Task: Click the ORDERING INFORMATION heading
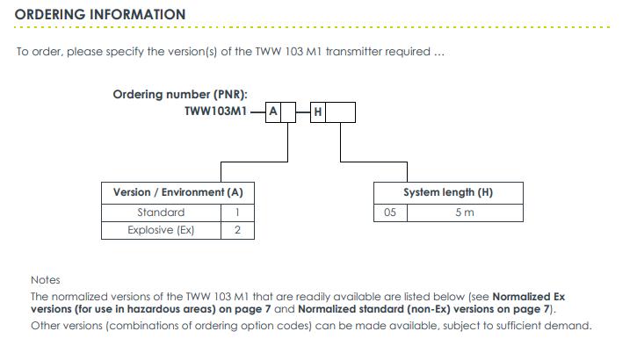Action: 100,15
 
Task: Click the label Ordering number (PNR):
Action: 180,95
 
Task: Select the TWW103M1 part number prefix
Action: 216,112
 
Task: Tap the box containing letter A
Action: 273,112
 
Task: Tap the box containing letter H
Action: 318,112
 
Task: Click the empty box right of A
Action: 288,112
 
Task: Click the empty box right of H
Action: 340,112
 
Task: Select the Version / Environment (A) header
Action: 178,193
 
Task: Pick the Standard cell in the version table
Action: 162,212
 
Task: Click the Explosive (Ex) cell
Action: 162,230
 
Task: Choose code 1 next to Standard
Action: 237,212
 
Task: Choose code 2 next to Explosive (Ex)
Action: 237,230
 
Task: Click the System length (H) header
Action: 448,193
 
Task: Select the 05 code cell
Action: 390,212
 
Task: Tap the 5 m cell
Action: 465,212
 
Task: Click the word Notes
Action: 46,280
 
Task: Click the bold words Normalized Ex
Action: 529,297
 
